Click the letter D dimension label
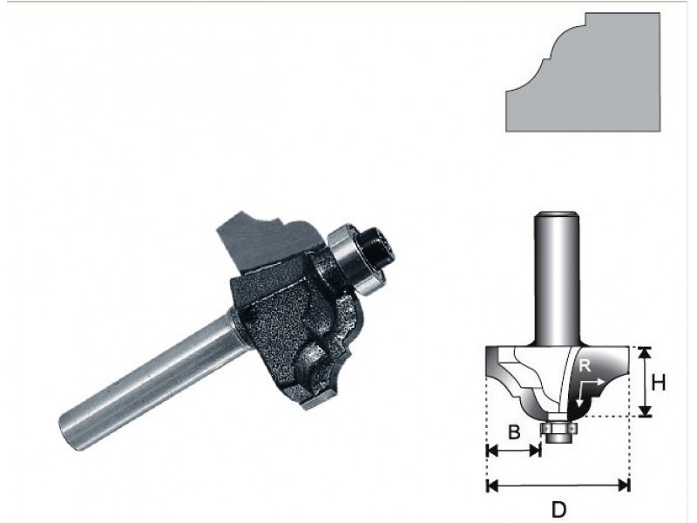click(558, 509)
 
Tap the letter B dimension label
click(514, 431)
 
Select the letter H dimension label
click(659, 383)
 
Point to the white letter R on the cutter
click(585, 366)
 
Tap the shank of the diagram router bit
click(557, 278)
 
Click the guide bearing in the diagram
click(558, 428)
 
